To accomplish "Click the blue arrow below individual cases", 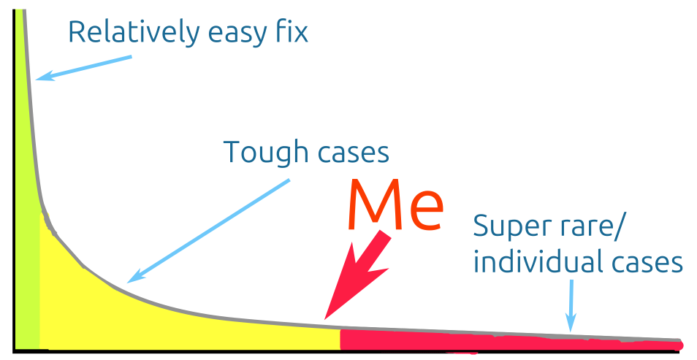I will tap(571, 307).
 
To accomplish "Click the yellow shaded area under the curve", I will tap(146, 321).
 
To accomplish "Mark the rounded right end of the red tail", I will tap(679, 345).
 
